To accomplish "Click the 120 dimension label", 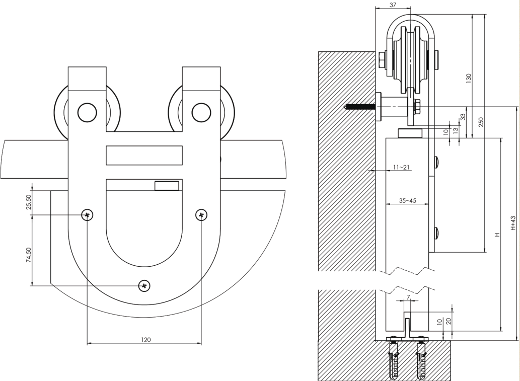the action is [x=146, y=340].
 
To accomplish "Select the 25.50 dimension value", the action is [x=29, y=202].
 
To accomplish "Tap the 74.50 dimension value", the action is [x=29, y=255].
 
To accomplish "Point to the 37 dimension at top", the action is [x=393, y=5].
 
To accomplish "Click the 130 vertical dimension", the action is [x=469, y=78].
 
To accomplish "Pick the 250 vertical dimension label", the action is [x=481, y=122].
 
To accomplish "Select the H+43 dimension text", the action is [x=513, y=223].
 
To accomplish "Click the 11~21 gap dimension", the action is [x=401, y=167].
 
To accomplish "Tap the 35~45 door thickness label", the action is [x=408, y=200].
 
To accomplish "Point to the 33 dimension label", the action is [x=463, y=117].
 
